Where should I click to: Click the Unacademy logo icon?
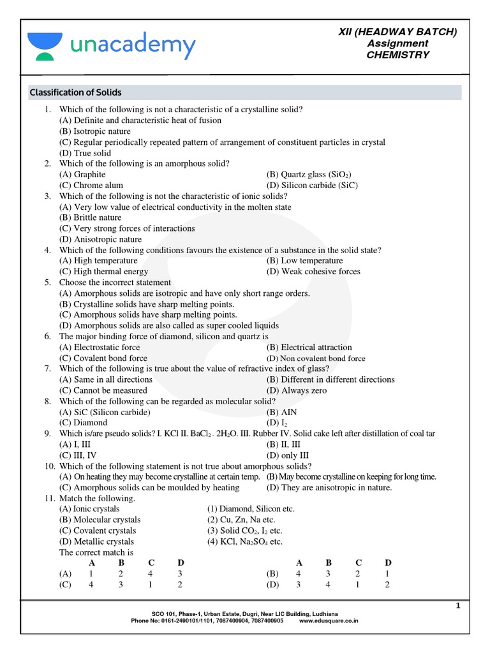(45, 47)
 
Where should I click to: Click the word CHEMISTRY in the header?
(397, 55)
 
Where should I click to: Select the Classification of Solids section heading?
(75, 92)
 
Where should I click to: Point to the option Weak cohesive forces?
(313, 272)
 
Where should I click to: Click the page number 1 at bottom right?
(457, 606)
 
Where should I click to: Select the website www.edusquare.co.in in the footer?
(329, 620)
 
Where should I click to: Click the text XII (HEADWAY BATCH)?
(397, 32)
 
